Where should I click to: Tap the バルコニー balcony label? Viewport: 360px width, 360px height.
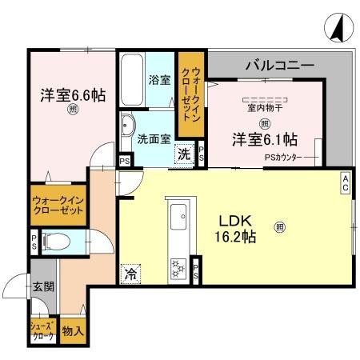click(x=279, y=64)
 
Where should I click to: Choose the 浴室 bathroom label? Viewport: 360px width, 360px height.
click(x=159, y=80)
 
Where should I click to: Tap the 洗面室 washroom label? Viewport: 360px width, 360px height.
click(x=154, y=138)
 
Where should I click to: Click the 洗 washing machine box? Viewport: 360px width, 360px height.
click(x=184, y=154)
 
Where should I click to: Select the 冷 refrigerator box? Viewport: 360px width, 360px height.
click(x=130, y=274)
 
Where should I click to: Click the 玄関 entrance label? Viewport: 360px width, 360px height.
click(x=42, y=286)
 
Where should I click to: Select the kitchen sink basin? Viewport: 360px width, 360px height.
click(x=178, y=214)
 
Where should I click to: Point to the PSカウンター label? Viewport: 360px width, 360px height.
click(x=284, y=157)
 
